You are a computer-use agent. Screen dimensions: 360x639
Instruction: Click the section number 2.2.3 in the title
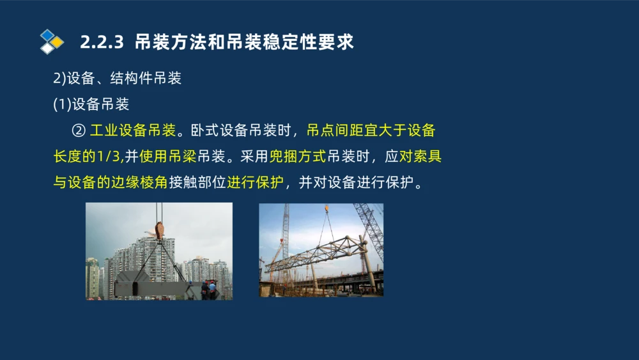(102, 43)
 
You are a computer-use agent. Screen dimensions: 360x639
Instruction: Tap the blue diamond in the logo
(47, 35)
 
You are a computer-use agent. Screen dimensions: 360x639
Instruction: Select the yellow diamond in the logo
(58, 42)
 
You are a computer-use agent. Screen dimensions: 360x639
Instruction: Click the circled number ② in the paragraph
(79, 131)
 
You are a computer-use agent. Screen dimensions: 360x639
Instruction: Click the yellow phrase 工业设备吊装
(132, 131)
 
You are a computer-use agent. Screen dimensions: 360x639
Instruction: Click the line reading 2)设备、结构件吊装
(117, 79)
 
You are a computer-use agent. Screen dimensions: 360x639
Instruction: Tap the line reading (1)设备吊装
(91, 104)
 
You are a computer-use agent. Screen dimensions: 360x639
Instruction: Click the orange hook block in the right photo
(327, 209)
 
